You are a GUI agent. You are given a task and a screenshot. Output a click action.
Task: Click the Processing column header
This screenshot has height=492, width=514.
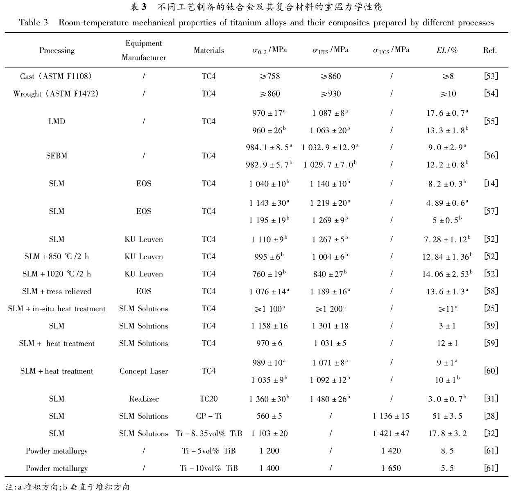click(57, 50)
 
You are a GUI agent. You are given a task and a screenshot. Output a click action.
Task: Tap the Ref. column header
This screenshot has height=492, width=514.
click(490, 50)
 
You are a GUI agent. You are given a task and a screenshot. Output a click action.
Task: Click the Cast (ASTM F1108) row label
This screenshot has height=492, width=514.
click(56, 76)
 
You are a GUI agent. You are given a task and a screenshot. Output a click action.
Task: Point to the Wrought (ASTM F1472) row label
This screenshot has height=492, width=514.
click(56, 94)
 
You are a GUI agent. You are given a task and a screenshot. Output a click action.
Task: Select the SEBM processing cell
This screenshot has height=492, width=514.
click(57, 156)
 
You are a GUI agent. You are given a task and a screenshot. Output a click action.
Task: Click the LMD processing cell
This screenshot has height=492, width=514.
click(57, 121)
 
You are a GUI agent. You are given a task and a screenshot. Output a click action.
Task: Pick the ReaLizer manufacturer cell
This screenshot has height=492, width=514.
click(144, 399)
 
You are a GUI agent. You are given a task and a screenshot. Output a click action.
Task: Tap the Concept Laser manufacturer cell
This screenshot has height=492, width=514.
click(144, 371)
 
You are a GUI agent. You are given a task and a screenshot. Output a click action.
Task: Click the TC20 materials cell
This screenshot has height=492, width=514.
click(208, 399)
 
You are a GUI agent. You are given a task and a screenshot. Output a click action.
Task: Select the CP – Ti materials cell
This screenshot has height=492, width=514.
click(208, 416)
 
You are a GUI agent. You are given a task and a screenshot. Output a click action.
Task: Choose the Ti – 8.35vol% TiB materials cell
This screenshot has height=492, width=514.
click(208, 434)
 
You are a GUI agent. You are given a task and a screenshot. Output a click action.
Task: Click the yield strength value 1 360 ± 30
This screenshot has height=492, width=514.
click(269, 399)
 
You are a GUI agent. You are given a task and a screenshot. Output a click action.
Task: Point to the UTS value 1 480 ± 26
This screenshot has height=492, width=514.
click(330, 399)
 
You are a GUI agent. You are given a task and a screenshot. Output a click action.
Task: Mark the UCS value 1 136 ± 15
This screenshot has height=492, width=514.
click(391, 416)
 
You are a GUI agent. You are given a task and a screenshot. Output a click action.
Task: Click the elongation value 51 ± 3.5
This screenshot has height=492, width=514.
click(447, 416)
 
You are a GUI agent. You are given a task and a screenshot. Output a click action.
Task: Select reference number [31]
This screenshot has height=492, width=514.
click(491, 399)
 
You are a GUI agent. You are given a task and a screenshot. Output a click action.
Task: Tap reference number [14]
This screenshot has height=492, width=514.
click(491, 184)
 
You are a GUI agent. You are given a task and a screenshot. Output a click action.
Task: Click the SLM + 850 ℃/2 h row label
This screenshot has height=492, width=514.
click(57, 257)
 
